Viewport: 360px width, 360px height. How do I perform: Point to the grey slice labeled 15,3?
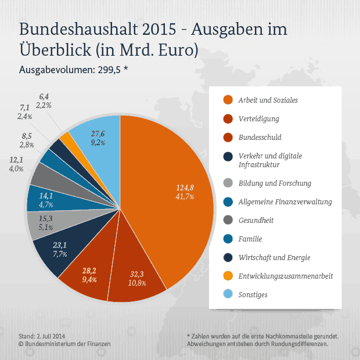[45, 221]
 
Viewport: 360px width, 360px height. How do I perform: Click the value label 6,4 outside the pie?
[44, 96]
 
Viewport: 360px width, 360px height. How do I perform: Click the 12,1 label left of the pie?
[16, 160]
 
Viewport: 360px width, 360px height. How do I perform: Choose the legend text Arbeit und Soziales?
[268, 100]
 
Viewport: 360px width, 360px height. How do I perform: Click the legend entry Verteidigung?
[258, 119]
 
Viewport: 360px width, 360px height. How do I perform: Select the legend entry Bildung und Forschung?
[275, 183]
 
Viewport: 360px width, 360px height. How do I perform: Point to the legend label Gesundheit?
[255, 221]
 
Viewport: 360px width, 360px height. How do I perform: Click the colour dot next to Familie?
[228, 239]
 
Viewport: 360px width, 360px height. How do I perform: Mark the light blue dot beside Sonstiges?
[228, 294]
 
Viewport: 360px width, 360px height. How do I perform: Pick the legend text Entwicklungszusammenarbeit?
[286, 276]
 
